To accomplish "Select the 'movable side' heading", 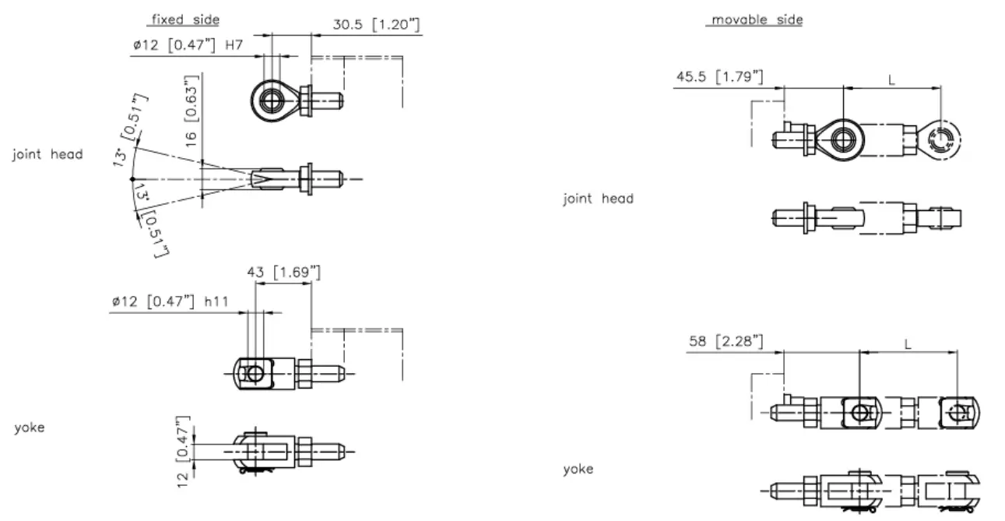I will pyautogui.click(x=754, y=19).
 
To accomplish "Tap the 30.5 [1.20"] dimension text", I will pyautogui.click(x=377, y=25).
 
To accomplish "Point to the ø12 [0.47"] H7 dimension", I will pyautogui.click(x=188, y=46).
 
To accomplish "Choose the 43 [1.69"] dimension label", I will pyautogui.click(x=283, y=272).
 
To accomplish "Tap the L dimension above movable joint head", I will pyautogui.click(x=891, y=79).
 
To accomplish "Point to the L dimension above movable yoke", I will pyautogui.click(x=907, y=343).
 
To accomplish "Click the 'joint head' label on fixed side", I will pyautogui.click(x=47, y=154).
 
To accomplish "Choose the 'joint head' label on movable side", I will pyautogui.click(x=598, y=199).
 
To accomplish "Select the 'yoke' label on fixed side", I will pyautogui.click(x=30, y=428).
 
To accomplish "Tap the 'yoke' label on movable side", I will pyautogui.click(x=578, y=469).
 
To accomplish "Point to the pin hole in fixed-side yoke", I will pyautogui.click(x=254, y=373).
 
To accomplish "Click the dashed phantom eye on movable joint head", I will pyautogui.click(x=940, y=139).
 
